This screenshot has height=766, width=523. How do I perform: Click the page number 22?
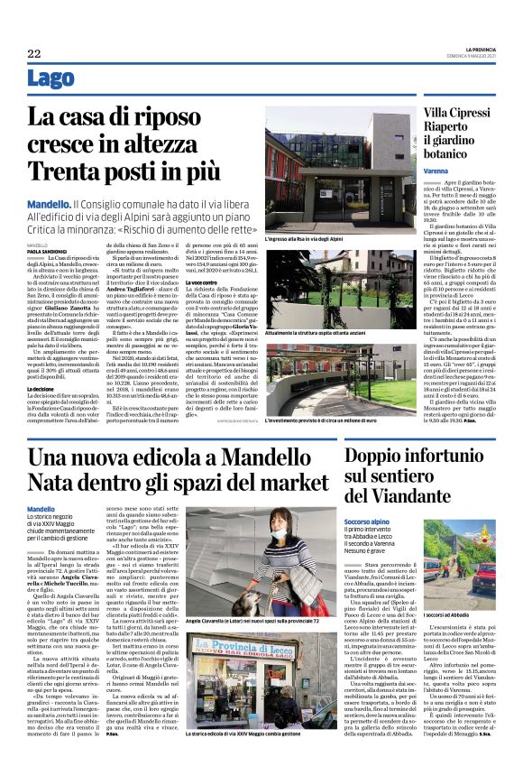point(34,54)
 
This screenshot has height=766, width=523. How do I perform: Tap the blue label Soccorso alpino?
point(369,521)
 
